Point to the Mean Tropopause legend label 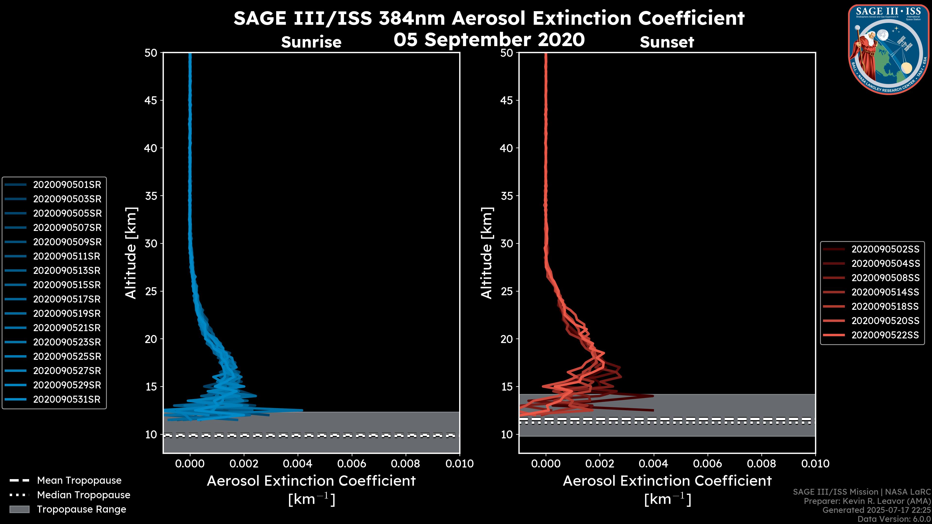[x=79, y=481]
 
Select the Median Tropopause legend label [x=83, y=495]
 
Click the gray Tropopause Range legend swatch [x=19, y=509]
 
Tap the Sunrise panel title [x=311, y=42]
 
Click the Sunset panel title [x=667, y=42]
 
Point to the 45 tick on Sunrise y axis [x=151, y=100]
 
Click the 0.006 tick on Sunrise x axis [x=352, y=464]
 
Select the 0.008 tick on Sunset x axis [x=762, y=464]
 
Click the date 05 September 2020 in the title [x=489, y=40]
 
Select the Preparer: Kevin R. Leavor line [x=867, y=501]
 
